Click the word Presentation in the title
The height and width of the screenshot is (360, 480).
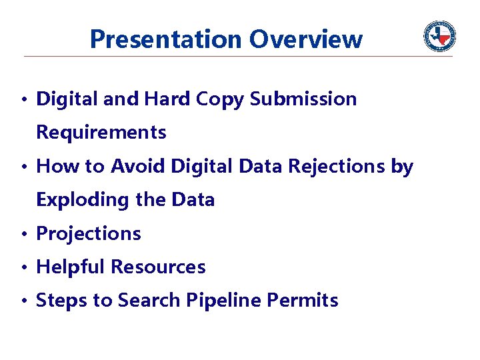pos(167,39)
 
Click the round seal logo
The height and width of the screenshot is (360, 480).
pos(440,36)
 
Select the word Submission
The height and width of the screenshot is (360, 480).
pos(303,99)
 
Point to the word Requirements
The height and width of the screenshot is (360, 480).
pos(101,133)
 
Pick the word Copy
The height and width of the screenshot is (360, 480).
pos(221,99)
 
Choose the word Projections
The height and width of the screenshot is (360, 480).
pos(89,233)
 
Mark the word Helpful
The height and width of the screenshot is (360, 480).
pos(71,267)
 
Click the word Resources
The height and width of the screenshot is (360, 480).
pos(158,267)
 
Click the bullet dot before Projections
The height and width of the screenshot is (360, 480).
pos(23,235)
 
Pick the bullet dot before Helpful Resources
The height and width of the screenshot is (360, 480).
pos(23,268)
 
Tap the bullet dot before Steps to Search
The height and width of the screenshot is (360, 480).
pos(23,301)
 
